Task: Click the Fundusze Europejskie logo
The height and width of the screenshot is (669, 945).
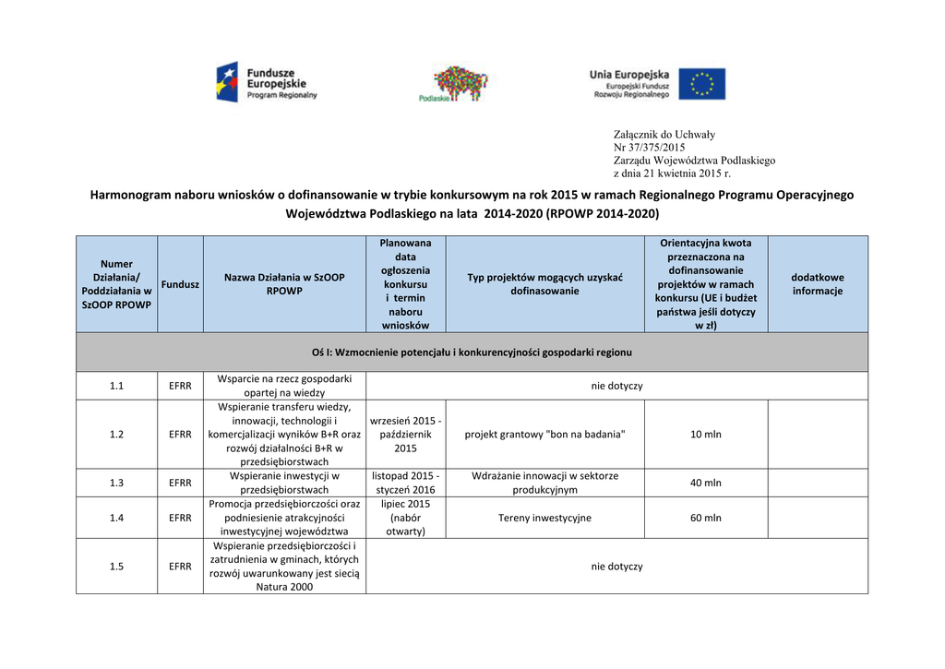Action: click(266, 82)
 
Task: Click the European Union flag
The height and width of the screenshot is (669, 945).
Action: click(701, 84)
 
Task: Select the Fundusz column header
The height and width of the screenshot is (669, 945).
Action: click(180, 284)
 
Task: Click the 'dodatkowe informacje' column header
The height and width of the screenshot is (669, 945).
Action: click(817, 284)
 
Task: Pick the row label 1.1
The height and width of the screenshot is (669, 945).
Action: click(116, 386)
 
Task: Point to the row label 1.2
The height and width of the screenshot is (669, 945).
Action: click(116, 435)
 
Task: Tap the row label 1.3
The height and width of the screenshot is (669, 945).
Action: click(116, 483)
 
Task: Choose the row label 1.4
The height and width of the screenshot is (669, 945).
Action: click(116, 518)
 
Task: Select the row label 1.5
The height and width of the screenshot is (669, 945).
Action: click(116, 567)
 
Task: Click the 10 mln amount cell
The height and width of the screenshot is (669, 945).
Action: click(705, 435)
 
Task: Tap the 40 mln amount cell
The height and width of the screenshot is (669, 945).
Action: click(705, 483)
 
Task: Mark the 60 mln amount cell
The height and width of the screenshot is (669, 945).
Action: click(705, 518)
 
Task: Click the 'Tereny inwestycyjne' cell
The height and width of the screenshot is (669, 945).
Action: click(544, 518)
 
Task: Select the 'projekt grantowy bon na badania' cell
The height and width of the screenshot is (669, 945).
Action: click(544, 435)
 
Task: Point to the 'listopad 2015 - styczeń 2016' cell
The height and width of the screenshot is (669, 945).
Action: click(405, 483)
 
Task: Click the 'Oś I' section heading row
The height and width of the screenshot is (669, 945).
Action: click(472, 352)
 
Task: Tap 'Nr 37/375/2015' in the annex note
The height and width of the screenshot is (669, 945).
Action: click(649, 148)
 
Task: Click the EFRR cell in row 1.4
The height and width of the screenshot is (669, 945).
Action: click(180, 518)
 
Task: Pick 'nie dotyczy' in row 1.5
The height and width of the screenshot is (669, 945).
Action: click(616, 567)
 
